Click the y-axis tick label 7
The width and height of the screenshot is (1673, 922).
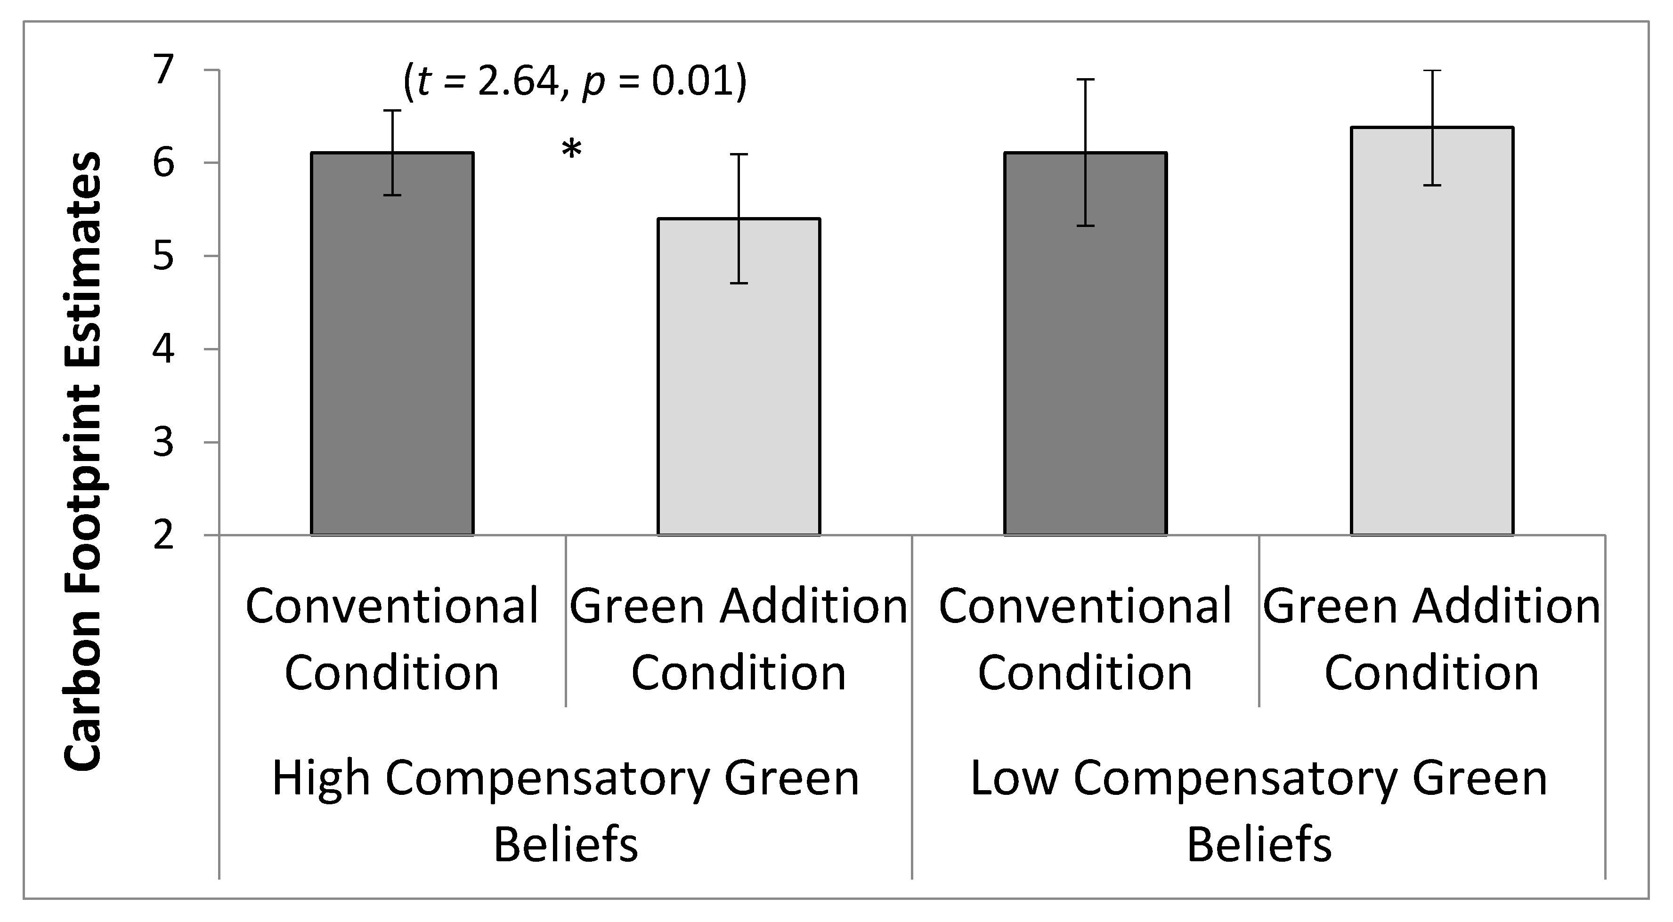pyautogui.click(x=163, y=70)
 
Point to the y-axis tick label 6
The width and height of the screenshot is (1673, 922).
pyautogui.click(x=163, y=162)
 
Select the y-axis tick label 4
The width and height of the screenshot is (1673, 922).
pyautogui.click(x=163, y=349)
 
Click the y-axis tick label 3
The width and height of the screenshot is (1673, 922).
pyautogui.click(x=163, y=443)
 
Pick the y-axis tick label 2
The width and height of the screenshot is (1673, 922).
pyautogui.click(x=163, y=536)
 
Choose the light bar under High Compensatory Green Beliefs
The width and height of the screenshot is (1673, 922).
pyautogui.click(x=739, y=377)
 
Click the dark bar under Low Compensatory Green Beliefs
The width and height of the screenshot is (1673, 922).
pyautogui.click(x=1085, y=344)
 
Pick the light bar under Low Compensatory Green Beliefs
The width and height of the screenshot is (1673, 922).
pyautogui.click(x=1432, y=331)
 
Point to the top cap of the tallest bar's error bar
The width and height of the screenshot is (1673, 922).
pyautogui.click(x=1432, y=70)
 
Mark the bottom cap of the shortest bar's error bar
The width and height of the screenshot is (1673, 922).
pyautogui.click(x=739, y=283)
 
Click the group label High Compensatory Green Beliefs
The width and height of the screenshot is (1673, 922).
pyautogui.click(x=565, y=812)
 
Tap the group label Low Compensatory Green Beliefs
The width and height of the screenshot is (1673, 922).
pyautogui.click(x=1259, y=812)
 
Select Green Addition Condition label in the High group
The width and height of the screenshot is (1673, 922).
pyautogui.click(x=739, y=639)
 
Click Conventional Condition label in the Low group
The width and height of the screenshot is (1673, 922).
pyautogui.click(x=1085, y=639)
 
